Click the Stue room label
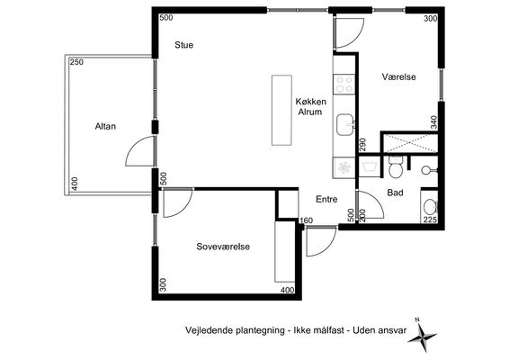[183, 45]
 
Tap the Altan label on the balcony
[105, 126]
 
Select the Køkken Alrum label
[310, 107]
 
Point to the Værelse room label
[399, 77]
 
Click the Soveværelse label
[223, 247]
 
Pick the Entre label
[326, 199]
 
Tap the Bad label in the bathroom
[395, 193]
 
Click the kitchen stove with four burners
[344, 85]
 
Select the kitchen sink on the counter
[345, 124]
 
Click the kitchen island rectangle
[281, 110]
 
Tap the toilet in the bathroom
[396, 167]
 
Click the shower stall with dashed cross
[410, 142]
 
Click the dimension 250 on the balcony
[76, 62]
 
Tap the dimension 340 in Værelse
[433, 122]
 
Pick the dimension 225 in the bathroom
[430, 220]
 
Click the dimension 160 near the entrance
[306, 220]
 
